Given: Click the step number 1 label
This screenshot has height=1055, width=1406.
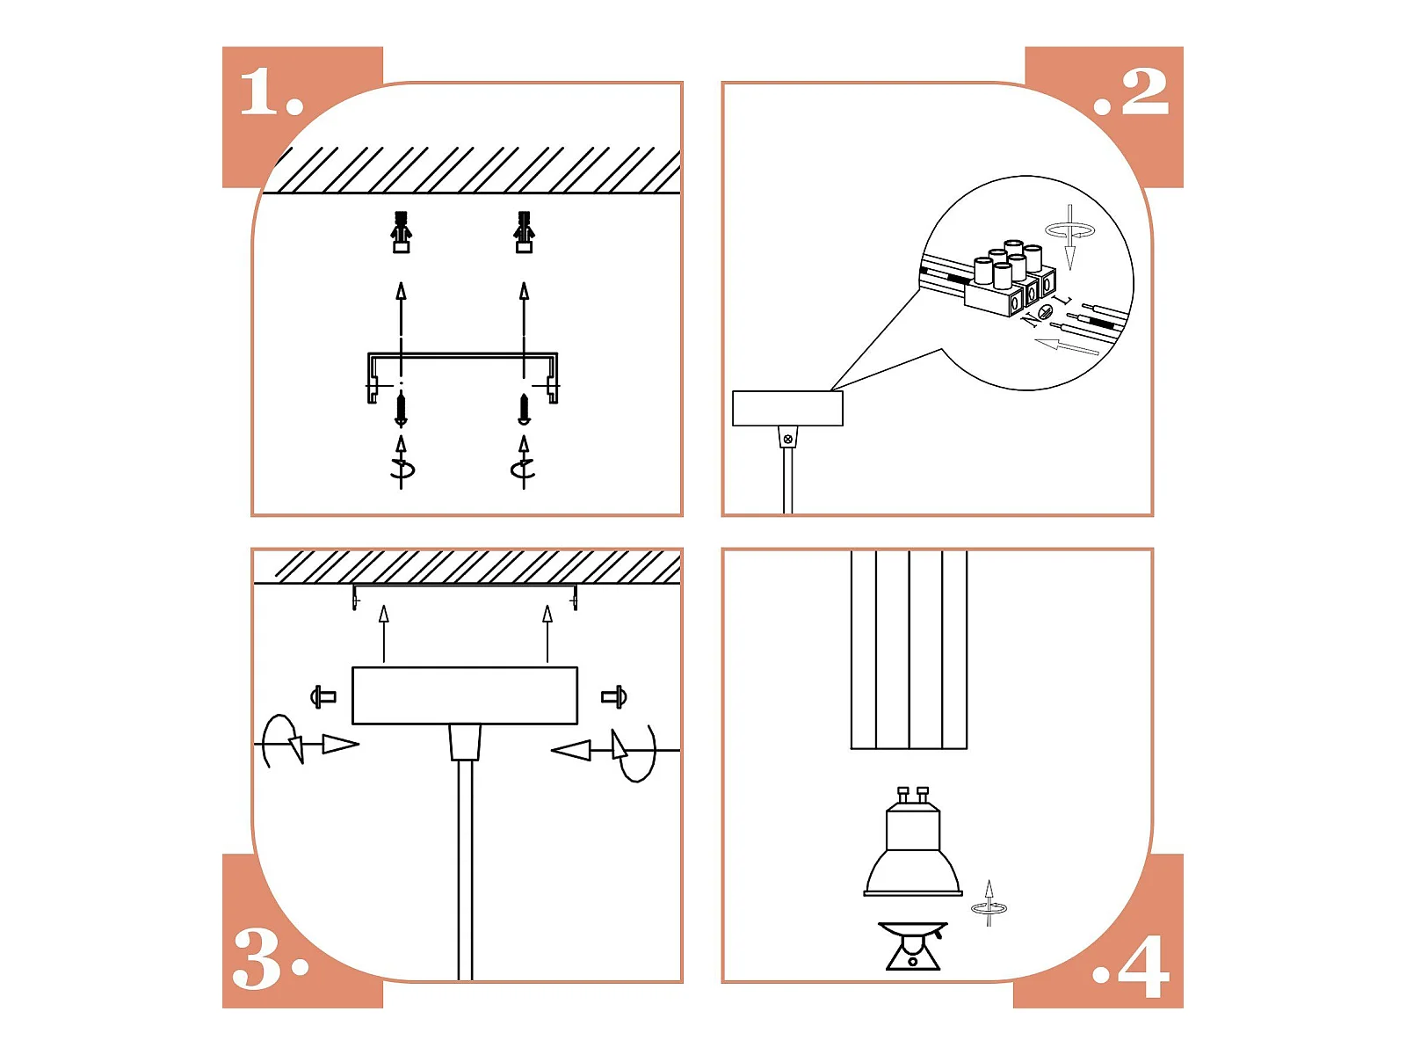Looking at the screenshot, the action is pos(271,92).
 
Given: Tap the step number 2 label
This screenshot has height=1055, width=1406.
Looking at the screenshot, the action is pos(1131,92).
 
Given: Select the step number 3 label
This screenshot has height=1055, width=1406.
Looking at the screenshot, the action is pos(271,959).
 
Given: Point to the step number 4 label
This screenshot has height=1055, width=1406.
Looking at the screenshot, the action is pos(1131,966).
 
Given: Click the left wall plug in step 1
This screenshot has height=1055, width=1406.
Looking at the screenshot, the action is pos(401,232).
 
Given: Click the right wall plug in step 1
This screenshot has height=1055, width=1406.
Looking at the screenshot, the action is pos(524,232).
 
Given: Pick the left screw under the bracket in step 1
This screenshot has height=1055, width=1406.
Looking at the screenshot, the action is pos(401,410).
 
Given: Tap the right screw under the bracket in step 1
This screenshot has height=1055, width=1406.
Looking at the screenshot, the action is pos(524,410).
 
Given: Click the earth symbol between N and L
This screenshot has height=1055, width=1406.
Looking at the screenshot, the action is pos(1046,311).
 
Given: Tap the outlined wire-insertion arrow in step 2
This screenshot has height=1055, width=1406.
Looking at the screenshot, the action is pos(1067,346).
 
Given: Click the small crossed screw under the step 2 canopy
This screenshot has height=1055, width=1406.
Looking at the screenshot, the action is pos(788,439).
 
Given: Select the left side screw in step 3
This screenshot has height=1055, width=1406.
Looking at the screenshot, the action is pos(323,696).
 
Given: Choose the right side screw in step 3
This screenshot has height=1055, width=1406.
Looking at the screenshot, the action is pos(614,696).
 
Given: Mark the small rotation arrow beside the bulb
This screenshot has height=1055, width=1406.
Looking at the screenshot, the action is pos(989,903).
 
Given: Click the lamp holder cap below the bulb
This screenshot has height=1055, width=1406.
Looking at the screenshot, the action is pos(912,946).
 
